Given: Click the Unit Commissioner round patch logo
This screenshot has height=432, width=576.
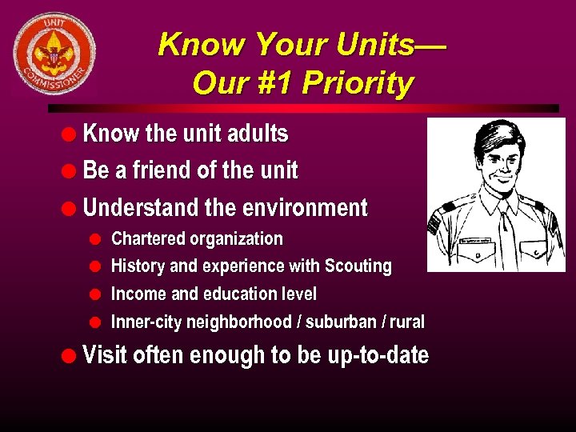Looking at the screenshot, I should point(54,54).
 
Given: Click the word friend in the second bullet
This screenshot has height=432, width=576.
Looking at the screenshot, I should point(165,170).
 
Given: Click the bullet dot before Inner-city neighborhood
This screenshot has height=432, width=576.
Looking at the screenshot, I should point(94,322).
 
